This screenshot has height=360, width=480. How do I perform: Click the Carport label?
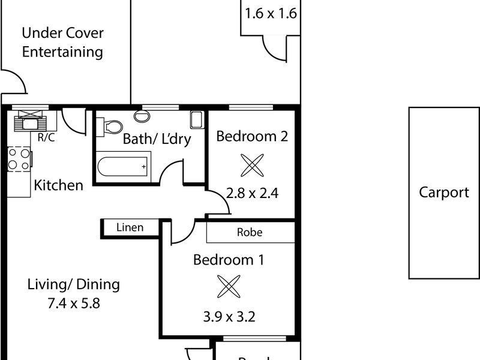coord(444,193)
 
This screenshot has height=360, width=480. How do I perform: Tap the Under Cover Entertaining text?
coord(62,42)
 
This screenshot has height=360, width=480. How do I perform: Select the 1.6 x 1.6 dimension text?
coord(271,13)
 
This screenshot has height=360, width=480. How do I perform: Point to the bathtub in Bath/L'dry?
coord(122,165)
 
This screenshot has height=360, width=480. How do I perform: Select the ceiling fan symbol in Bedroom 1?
coord(228,287)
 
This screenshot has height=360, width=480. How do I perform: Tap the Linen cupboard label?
coord(130,227)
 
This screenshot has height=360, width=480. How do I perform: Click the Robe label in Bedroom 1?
coord(250,232)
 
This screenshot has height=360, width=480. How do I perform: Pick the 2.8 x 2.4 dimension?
coord(253,193)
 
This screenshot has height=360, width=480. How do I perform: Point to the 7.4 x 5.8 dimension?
coord(73,303)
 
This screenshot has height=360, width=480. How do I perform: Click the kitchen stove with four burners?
coord(18,159)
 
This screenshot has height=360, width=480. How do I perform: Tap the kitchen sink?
coord(29,122)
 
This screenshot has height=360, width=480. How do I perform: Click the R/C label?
coord(46,136)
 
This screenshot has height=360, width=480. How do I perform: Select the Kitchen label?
coord(58,185)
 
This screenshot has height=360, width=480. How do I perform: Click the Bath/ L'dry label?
coord(157,139)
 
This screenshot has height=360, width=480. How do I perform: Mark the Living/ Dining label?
coord(74,284)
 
